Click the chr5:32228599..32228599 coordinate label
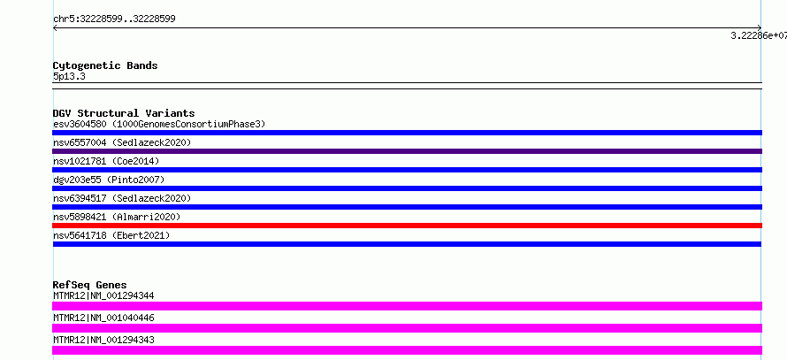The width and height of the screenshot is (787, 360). click(114, 19)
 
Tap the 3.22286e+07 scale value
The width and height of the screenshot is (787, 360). click(759, 35)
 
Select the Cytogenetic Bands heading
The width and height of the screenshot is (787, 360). click(105, 65)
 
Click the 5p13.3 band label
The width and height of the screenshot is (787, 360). click(69, 77)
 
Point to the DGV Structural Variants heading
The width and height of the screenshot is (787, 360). click(124, 113)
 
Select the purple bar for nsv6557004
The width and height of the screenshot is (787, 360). click(407, 151)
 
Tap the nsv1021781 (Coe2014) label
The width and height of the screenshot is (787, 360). click(106, 161)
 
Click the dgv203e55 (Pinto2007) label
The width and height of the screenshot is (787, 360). click(109, 180)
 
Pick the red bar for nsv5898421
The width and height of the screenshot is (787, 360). click(407, 226)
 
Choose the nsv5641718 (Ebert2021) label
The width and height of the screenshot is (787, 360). click(111, 235)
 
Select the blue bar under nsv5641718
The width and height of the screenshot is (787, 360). click(407, 244)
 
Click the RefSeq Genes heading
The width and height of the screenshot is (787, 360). click(90, 285)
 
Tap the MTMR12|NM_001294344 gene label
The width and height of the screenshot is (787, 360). click(103, 295)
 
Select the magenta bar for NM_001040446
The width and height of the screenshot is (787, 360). click(407, 328)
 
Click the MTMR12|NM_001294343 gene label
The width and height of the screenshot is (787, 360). click(103, 340)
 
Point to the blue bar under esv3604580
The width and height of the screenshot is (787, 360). click(407, 133)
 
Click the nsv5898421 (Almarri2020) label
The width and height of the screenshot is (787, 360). click(117, 217)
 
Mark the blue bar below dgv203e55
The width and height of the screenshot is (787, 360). click(407, 188)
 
